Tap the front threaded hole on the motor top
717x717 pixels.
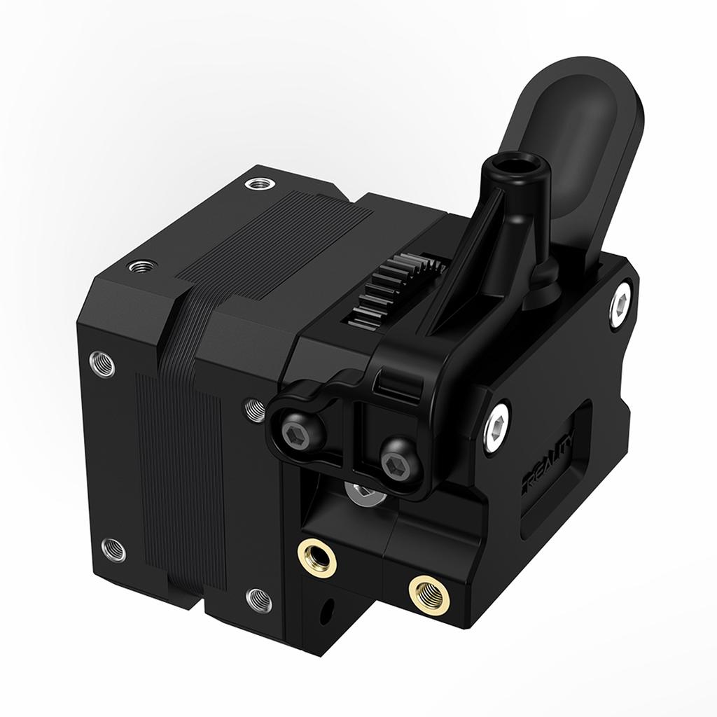tap(144, 267)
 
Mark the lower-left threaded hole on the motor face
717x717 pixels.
tap(113, 549)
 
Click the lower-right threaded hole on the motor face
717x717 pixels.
tap(259, 599)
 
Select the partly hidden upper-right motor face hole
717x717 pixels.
tap(253, 410)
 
